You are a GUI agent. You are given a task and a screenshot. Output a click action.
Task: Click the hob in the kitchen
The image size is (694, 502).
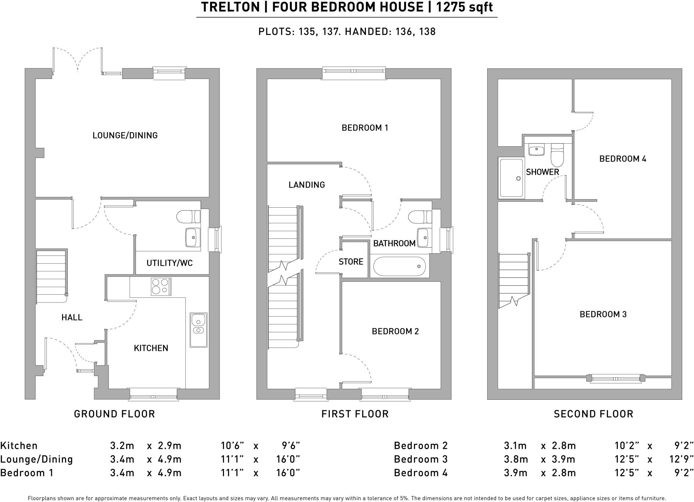click(x=161, y=287)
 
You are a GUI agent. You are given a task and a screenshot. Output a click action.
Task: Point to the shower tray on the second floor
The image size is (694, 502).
click(x=511, y=178)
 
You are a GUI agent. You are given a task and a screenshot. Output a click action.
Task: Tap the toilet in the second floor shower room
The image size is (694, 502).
click(x=557, y=155)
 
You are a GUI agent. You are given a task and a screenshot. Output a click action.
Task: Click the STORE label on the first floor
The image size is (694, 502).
click(x=351, y=262)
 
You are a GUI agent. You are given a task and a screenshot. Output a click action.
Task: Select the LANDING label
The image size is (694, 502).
click(x=307, y=185)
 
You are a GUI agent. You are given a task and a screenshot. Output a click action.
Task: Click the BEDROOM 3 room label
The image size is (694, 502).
click(x=603, y=314)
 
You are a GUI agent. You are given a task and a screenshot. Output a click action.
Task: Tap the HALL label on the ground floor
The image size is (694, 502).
click(x=72, y=317)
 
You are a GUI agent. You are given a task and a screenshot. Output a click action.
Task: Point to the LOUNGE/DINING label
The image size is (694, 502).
click(x=125, y=135)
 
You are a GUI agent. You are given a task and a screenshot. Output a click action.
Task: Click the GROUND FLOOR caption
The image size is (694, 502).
click(x=114, y=414)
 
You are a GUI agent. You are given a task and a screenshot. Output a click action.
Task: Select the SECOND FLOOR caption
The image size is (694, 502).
click(x=593, y=414)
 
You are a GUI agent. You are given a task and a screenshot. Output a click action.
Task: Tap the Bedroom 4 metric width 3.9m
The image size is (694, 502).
click(x=515, y=473)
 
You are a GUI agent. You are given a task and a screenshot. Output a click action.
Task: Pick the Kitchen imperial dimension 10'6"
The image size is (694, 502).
click(x=232, y=445)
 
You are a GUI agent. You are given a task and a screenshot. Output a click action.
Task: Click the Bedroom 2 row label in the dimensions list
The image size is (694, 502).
click(x=421, y=445)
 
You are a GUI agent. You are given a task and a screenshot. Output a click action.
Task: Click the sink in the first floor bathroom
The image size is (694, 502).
click(x=423, y=237)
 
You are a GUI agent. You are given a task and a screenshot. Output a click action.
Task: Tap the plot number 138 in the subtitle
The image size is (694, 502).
click(x=427, y=32)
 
